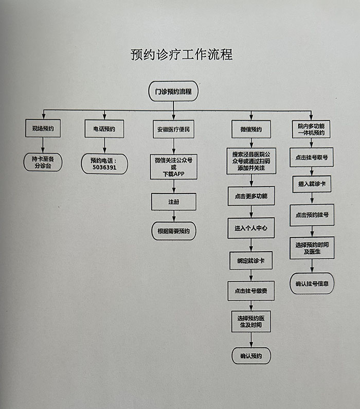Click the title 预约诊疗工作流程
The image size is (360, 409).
coord(182,55)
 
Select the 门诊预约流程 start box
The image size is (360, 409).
coord(173,91)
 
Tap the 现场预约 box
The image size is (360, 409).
coord(43,128)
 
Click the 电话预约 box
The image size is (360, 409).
coord(104,129)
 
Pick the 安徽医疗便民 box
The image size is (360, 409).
coord(174,129)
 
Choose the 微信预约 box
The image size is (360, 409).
coord(251,129)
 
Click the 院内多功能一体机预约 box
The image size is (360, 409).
coord(311,129)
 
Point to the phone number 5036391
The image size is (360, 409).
coord(104,167)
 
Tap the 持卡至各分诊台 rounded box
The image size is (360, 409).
coord(43,162)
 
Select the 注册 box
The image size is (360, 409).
coord(174,202)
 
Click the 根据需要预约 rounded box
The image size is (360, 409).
coord(174,231)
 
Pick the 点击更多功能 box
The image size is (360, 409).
coord(251,196)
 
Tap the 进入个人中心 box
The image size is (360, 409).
coord(251,228)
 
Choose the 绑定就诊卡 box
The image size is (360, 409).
coord(251,261)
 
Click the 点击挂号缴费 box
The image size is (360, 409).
coord(251,291)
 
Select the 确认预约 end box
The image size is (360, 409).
coord(251,356)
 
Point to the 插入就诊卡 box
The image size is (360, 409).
coord(312,184)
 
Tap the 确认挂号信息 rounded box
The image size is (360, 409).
coord(312,283)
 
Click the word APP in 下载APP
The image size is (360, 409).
coord(179,174)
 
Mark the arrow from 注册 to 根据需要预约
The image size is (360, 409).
coord(174,216)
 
